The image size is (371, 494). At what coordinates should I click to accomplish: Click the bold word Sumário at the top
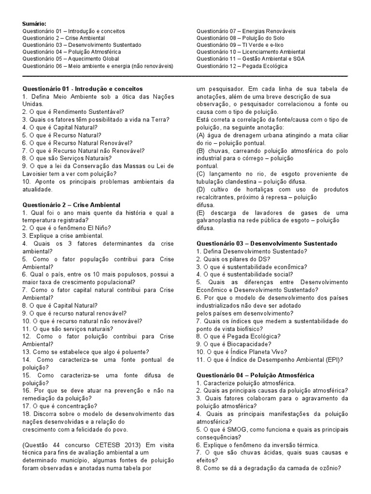click(x=35, y=24)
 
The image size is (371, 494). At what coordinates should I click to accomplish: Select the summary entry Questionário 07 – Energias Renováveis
click(x=246, y=31)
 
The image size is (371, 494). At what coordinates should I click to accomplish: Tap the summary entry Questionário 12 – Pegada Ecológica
click(x=242, y=66)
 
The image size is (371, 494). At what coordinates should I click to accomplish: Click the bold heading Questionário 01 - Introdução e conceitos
click(x=83, y=89)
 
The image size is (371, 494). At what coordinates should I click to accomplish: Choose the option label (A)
click(x=201, y=135)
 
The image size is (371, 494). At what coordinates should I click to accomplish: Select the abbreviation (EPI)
click(x=333, y=360)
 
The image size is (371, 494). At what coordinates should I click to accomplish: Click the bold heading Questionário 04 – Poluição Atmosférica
click(x=255, y=375)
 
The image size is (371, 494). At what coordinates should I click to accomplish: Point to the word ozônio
click(x=328, y=468)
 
